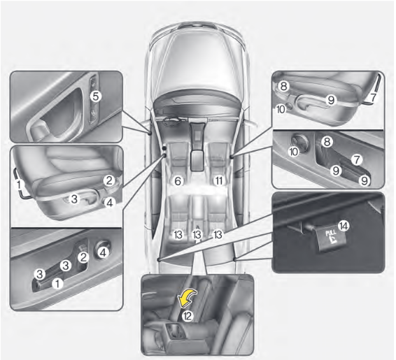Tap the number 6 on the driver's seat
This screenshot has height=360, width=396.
click(178, 180)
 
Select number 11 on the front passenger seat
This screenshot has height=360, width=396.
click(219, 180)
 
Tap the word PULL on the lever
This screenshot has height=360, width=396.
click(327, 238)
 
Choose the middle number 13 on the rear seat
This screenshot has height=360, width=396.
click(198, 233)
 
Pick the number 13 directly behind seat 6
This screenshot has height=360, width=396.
click(178, 233)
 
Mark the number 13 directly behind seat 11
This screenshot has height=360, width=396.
click(219, 233)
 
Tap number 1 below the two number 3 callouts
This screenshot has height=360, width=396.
click(59, 284)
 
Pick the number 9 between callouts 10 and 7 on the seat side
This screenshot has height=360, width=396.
click(330, 100)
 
